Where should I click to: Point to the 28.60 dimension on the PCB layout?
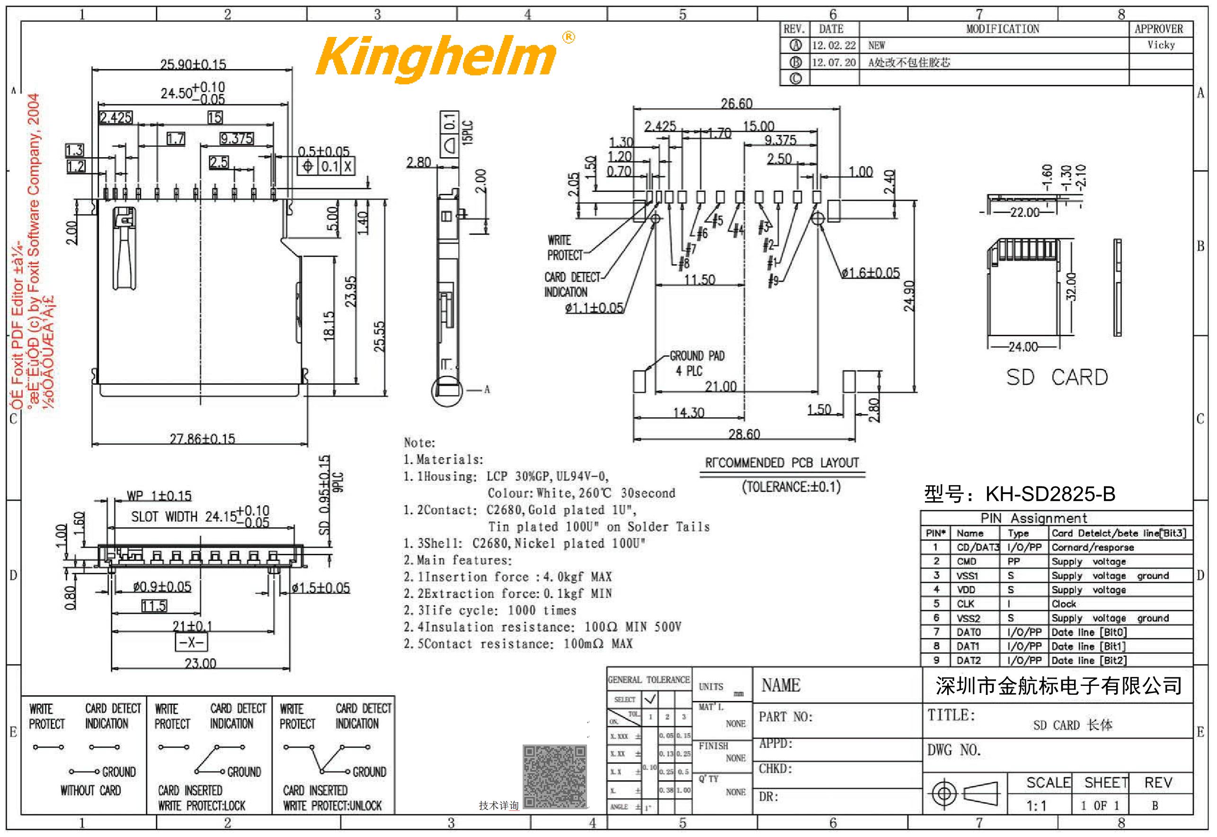(744, 434)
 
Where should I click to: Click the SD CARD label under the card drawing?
(1057, 377)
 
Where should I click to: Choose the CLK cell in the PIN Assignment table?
(966, 603)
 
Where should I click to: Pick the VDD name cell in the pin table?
(966, 589)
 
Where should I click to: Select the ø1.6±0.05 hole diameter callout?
(871, 273)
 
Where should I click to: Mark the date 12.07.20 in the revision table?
(834, 63)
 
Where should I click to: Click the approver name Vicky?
(1161, 45)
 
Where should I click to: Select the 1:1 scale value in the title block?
(1036, 806)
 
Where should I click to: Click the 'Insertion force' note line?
(507, 577)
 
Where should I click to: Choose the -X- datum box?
(191, 642)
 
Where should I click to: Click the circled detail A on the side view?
(447, 390)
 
